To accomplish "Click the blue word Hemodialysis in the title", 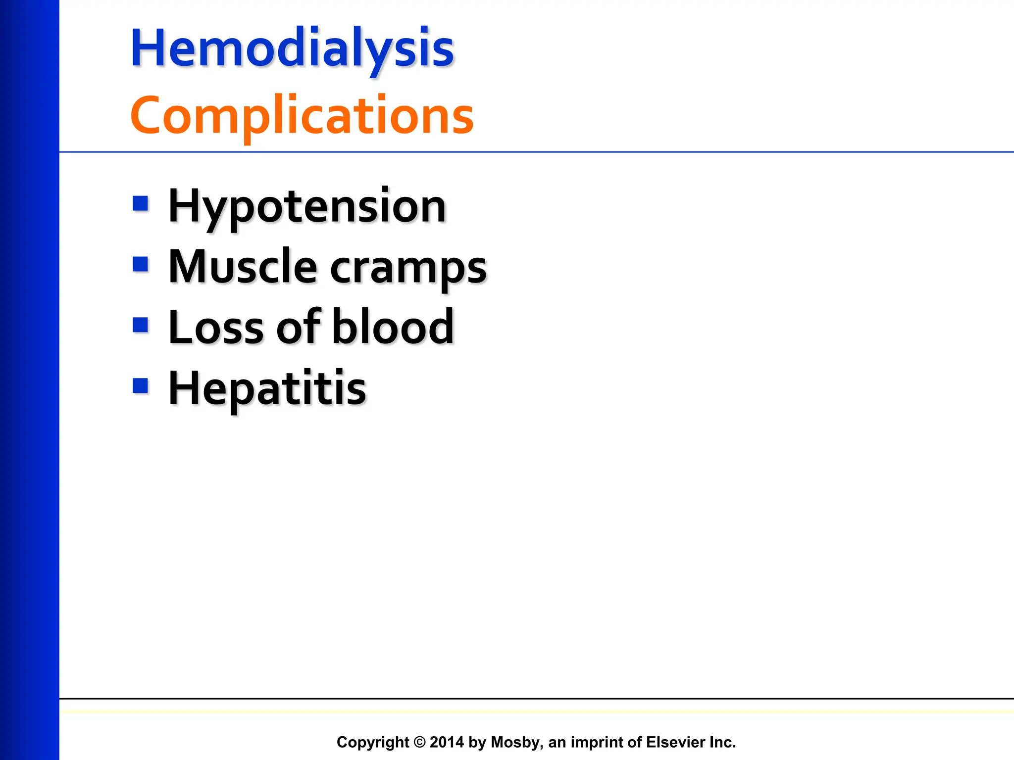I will point(292,48).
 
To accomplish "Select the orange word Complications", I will point(302,115).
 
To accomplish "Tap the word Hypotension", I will point(307,207).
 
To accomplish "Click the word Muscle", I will point(243,267).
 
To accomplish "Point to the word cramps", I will point(408,270).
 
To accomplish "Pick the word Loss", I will point(216,327).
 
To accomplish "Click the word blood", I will point(393,327).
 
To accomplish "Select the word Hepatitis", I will point(267,389).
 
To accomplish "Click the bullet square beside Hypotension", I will point(141,203).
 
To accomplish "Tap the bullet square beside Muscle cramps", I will point(141,264).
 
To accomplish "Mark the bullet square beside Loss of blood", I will point(141,325).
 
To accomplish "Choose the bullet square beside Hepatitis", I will point(141,385).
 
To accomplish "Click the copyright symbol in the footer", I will point(419,742).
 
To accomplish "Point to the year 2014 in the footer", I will point(447,742).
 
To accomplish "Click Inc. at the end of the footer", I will point(722,742).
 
